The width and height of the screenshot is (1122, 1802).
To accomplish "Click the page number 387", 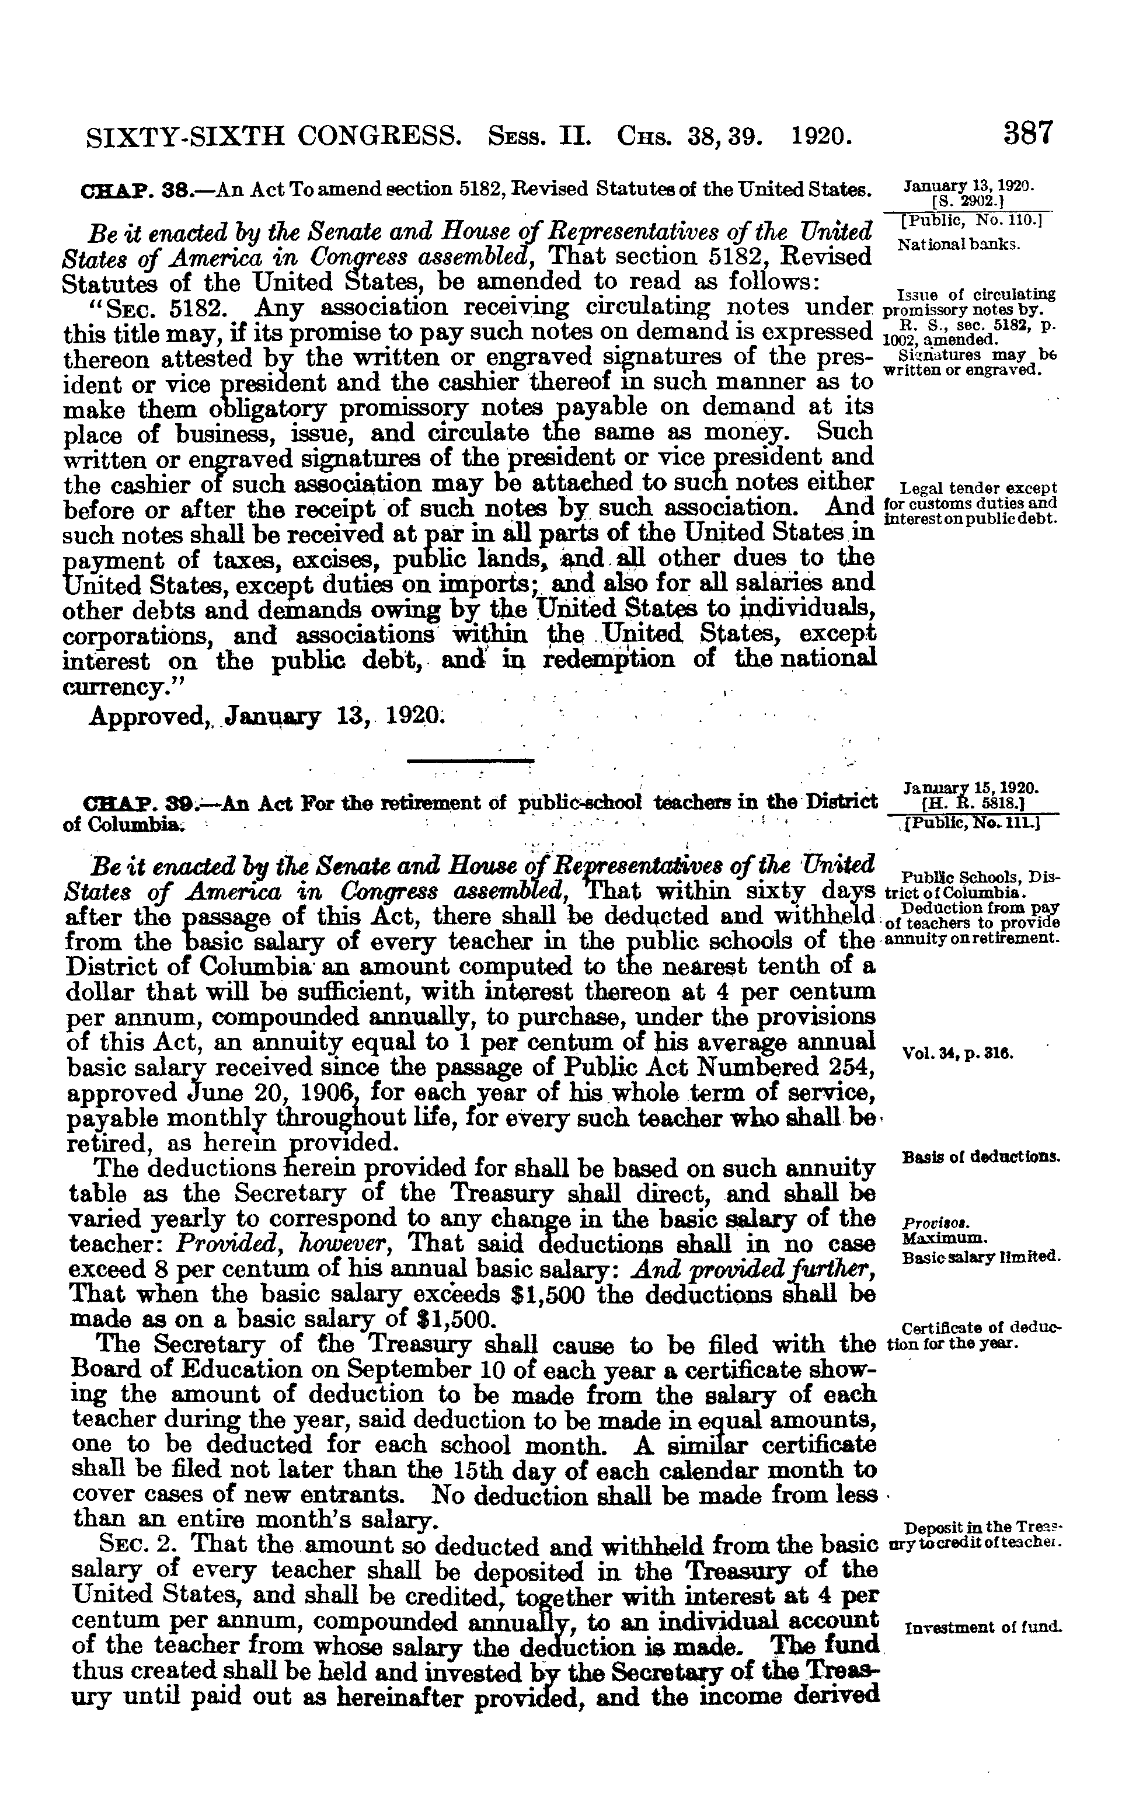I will pyautogui.click(x=1029, y=134).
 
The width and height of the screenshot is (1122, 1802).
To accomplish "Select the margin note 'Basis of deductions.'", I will pyautogui.click(x=981, y=1158).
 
